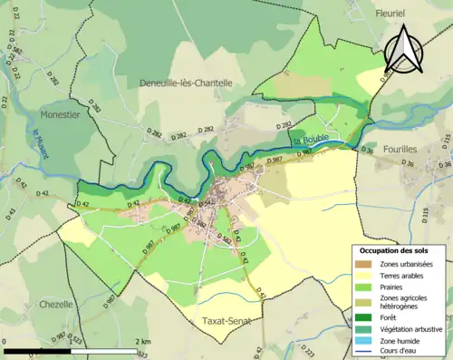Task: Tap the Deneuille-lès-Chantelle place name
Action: pyautogui.click(x=186, y=83)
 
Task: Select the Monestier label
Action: pyautogui.click(x=60, y=115)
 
